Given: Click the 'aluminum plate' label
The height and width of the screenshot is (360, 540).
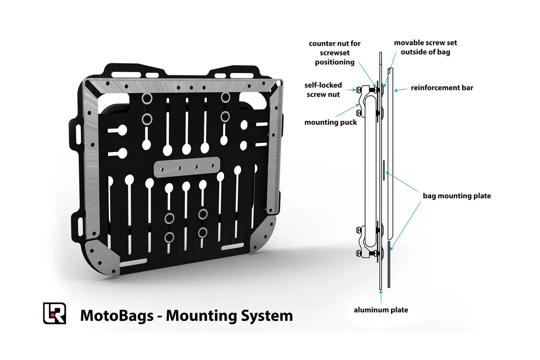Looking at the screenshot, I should click(380, 310).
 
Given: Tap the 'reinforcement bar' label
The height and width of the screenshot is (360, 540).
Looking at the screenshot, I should click(442, 88).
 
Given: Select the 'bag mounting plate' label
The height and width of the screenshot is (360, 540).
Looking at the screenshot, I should click(457, 196).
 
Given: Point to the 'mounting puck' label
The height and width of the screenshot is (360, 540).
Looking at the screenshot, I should click(331, 122).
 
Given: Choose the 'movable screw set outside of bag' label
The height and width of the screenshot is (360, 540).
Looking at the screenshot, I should click(426, 47).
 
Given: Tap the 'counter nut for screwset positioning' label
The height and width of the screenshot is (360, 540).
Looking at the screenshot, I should click(334, 52).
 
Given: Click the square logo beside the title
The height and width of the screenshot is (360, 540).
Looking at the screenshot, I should click(55, 313).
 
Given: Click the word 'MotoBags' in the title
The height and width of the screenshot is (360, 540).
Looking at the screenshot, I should click(116, 316).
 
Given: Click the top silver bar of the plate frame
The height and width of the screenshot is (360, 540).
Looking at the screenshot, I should click(181, 86).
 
